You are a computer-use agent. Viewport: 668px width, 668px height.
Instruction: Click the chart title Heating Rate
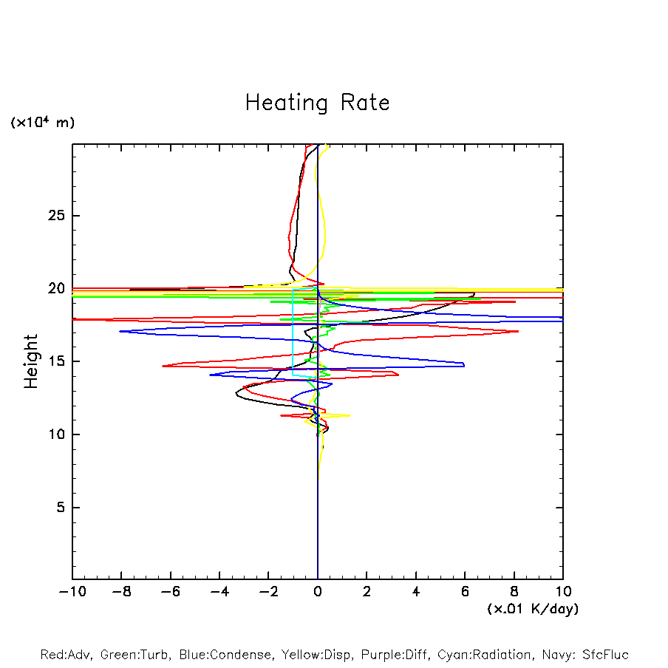point(317,103)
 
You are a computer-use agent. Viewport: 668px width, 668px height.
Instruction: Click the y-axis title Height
point(31,361)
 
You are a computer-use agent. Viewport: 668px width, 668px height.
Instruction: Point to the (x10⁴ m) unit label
point(43,123)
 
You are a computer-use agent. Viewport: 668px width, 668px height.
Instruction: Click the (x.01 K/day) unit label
point(533,609)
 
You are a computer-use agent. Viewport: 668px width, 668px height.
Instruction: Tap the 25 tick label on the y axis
point(58,216)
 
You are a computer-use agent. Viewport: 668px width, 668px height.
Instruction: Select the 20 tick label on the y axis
point(58,289)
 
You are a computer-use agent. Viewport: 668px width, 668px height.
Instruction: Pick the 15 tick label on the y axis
point(58,361)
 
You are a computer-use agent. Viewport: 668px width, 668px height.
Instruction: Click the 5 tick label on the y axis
point(62,508)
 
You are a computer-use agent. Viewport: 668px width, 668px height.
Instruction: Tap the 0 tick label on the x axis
point(318,592)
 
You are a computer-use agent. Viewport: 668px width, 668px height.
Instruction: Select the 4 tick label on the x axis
point(416,592)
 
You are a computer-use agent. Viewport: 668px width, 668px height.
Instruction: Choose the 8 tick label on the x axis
point(514,592)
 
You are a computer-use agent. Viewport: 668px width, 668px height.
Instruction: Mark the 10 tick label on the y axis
point(58,434)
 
